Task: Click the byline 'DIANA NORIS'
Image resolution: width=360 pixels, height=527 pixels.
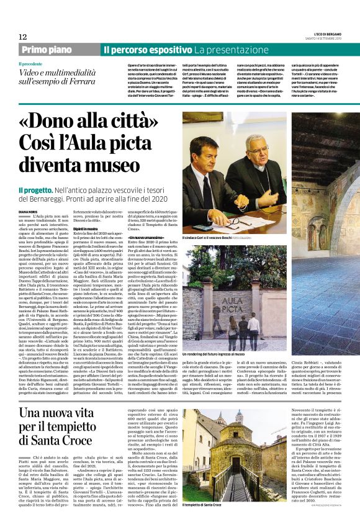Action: (29, 211)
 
